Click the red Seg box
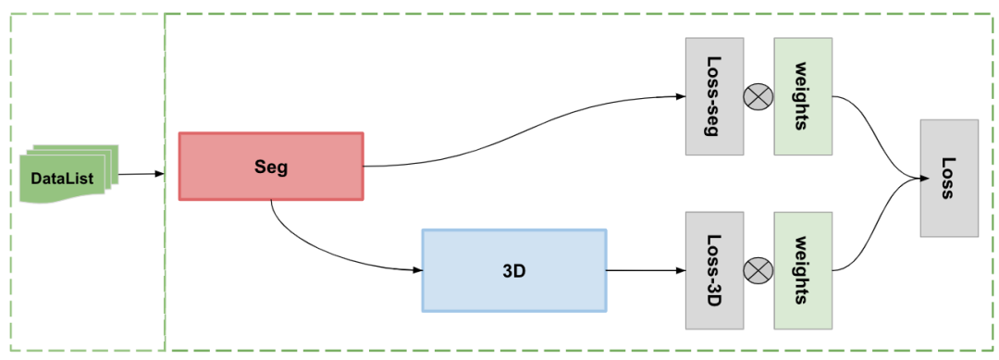tap(271, 167)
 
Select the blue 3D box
tap(514, 270)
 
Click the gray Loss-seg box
tap(714, 96)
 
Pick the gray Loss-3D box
tap(714, 270)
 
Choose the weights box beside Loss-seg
tap(802, 96)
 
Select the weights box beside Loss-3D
tap(802, 270)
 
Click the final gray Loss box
tap(948, 178)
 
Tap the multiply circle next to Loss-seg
tap(758, 96)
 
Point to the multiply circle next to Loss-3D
tap(758, 270)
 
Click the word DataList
tap(62, 177)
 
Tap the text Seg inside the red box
tap(271, 167)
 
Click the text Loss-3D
tap(714, 270)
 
